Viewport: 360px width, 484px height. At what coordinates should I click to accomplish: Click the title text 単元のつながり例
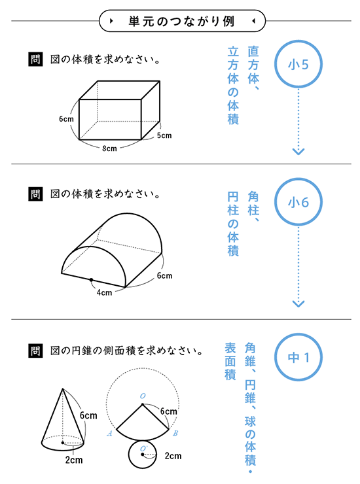tap(182, 22)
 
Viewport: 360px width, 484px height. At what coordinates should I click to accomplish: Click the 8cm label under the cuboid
tap(110, 148)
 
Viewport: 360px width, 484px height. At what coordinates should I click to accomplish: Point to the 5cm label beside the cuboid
tap(164, 135)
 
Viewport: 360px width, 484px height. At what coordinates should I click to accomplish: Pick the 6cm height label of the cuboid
tap(67, 119)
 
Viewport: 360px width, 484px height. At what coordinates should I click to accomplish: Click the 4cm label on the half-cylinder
tap(105, 292)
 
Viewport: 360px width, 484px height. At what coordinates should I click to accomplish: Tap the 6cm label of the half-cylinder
tap(164, 275)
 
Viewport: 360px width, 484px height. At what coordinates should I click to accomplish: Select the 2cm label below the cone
tap(74, 460)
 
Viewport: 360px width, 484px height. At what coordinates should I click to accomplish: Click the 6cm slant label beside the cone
tap(88, 415)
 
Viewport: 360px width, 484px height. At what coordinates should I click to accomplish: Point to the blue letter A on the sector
tap(109, 434)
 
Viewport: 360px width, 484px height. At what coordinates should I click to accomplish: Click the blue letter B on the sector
tap(175, 433)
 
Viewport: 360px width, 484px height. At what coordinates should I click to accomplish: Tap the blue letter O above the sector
tap(143, 396)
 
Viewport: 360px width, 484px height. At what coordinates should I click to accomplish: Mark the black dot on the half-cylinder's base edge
tap(91, 280)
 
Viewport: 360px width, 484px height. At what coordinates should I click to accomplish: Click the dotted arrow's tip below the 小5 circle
tap(298, 154)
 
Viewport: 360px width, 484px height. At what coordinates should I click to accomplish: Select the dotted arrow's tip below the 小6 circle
tap(298, 307)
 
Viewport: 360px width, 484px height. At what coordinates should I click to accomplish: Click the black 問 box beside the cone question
tap(35, 351)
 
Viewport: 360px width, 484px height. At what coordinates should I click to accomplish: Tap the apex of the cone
tap(63, 389)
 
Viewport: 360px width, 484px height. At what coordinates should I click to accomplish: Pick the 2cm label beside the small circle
tap(173, 456)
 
